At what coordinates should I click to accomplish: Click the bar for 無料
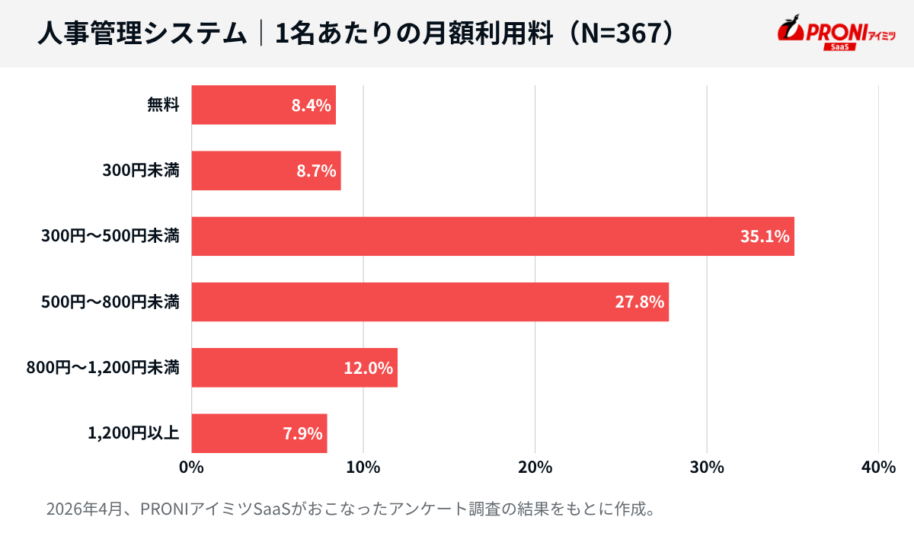[263, 105]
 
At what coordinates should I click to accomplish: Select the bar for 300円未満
[266, 171]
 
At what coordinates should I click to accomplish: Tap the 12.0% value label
[368, 369]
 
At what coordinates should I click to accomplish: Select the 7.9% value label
[302, 434]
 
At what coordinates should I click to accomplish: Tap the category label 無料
[163, 105]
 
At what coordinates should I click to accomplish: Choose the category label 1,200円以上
[133, 433]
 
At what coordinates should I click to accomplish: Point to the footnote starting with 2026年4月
[351, 508]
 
